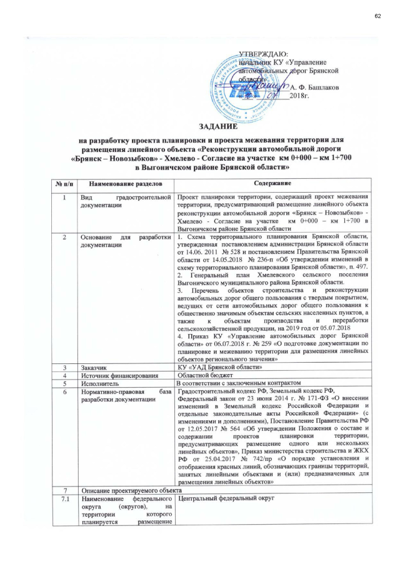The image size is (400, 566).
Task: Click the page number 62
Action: point(377,15)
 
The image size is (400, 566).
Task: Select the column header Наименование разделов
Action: point(121,183)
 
